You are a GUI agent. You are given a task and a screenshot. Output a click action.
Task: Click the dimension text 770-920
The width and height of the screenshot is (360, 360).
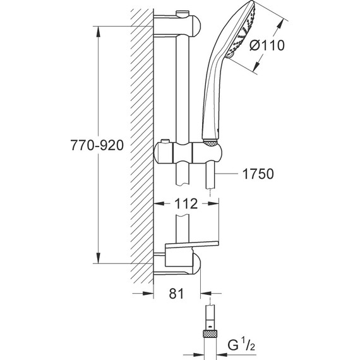pyautogui.click(x=94, y=144)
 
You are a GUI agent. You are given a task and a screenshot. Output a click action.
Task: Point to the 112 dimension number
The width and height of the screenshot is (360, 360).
pyautogui.click(x=185, y=203)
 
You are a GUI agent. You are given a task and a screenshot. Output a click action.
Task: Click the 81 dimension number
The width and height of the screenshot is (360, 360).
pyautogui.click(x=177, y=292)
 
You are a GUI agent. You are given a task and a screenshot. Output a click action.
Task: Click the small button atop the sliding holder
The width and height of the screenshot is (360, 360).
pyautogui.click(x=165, y=140)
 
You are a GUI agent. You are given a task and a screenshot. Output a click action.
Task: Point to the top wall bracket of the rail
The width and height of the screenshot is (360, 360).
pyautogui.click(x=180, y=25)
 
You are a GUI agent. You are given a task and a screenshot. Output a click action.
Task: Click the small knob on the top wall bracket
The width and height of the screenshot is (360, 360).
pyautogui.click(x=183, y=13)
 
